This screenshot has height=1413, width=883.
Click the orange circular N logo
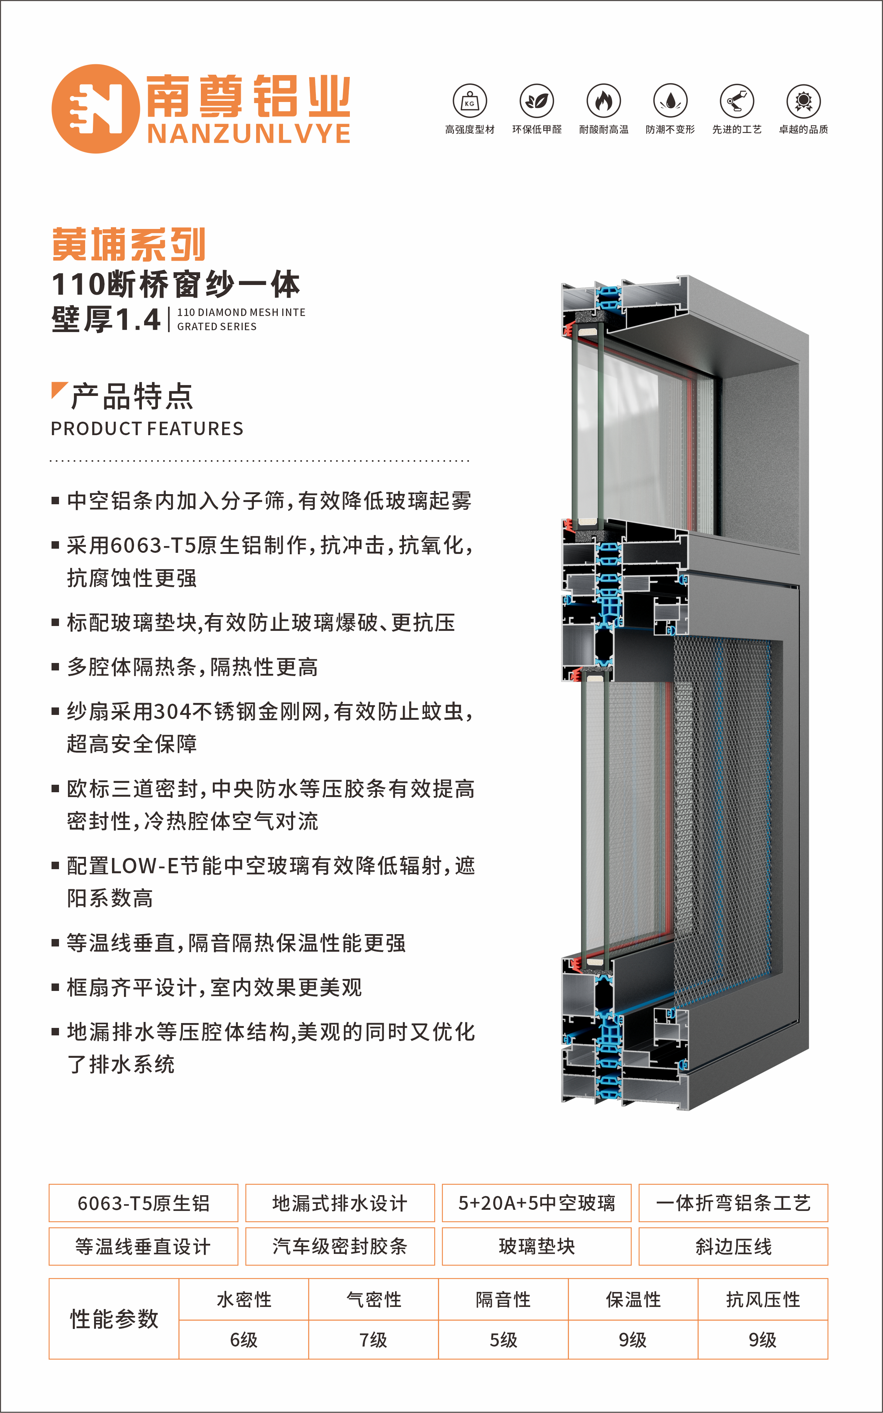(x=95, y=109)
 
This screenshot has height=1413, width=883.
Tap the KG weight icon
(x=470, y=101)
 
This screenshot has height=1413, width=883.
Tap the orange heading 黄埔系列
(x=128, y=245)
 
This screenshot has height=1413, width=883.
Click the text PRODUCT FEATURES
(x=147, y=429)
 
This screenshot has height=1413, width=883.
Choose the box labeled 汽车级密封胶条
(x=340, y=1246)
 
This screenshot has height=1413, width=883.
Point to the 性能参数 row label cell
(x=114, y=1319)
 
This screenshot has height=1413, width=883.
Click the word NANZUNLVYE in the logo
(x=249, y=134)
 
